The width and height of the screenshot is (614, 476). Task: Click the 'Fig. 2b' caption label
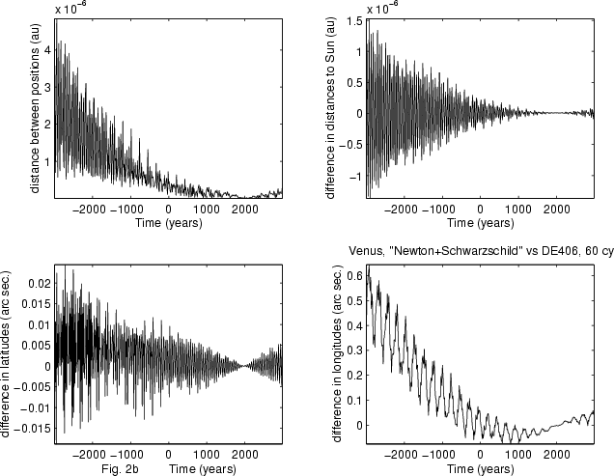click(120, 469)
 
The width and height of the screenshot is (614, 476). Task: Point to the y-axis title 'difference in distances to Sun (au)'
click(330, 108)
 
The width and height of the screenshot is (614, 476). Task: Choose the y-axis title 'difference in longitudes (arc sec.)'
click(337, 354)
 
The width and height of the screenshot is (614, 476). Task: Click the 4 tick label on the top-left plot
click(47, 50)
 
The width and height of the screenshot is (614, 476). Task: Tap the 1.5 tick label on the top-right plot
click(354, 21)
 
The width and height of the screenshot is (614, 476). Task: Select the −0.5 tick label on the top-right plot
click(350, 145)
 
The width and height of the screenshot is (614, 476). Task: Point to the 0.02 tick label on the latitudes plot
click(40, 283)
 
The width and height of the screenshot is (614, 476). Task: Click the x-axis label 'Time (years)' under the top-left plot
click(169, 223)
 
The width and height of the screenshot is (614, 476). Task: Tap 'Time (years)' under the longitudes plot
click(481, 469)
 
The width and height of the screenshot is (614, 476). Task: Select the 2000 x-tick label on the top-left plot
click(245, 210)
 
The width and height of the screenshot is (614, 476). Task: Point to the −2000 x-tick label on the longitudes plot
click(401, 455)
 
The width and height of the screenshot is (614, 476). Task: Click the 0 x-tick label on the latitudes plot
click(168, 455)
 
